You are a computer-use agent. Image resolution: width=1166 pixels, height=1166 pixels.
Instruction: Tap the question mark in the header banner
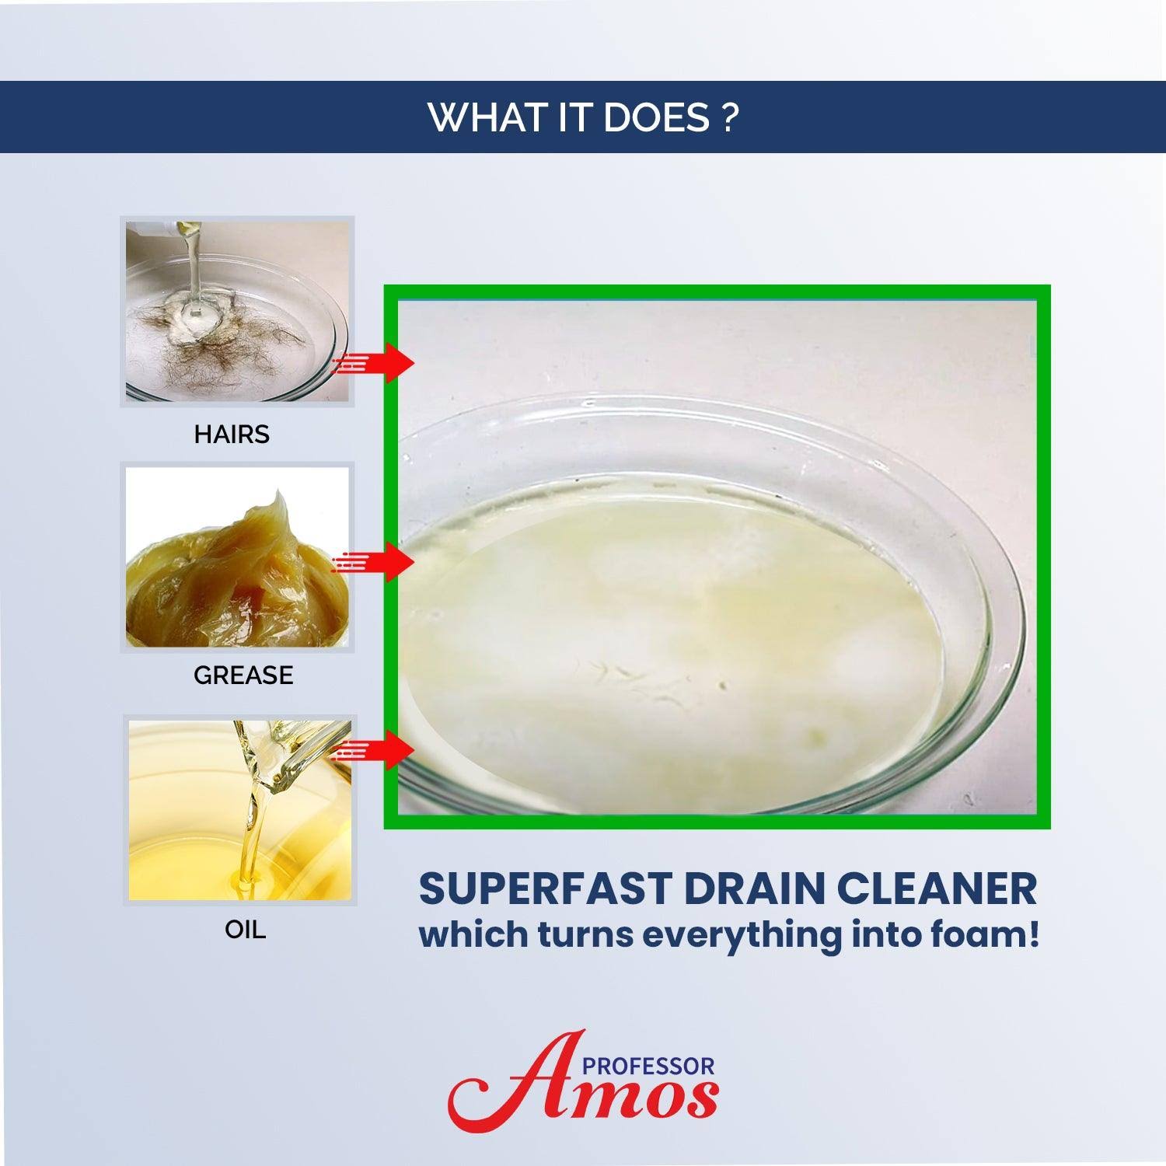tap(728, 117)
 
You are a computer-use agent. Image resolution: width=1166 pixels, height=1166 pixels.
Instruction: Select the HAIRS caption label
tap(232, 434)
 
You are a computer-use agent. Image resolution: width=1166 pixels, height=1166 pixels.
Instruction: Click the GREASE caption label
tap(243, 675)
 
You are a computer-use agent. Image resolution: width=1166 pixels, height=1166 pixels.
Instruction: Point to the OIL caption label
tap(245, 929)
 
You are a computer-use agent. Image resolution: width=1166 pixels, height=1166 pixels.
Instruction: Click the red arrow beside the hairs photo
tap(372, 362)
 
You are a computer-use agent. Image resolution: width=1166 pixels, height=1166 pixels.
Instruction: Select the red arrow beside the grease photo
tap(372, 560)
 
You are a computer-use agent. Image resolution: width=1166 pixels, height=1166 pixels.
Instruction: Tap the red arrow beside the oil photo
tap(372, 749)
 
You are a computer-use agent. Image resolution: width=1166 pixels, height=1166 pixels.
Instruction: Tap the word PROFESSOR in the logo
tap(653, 1066)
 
